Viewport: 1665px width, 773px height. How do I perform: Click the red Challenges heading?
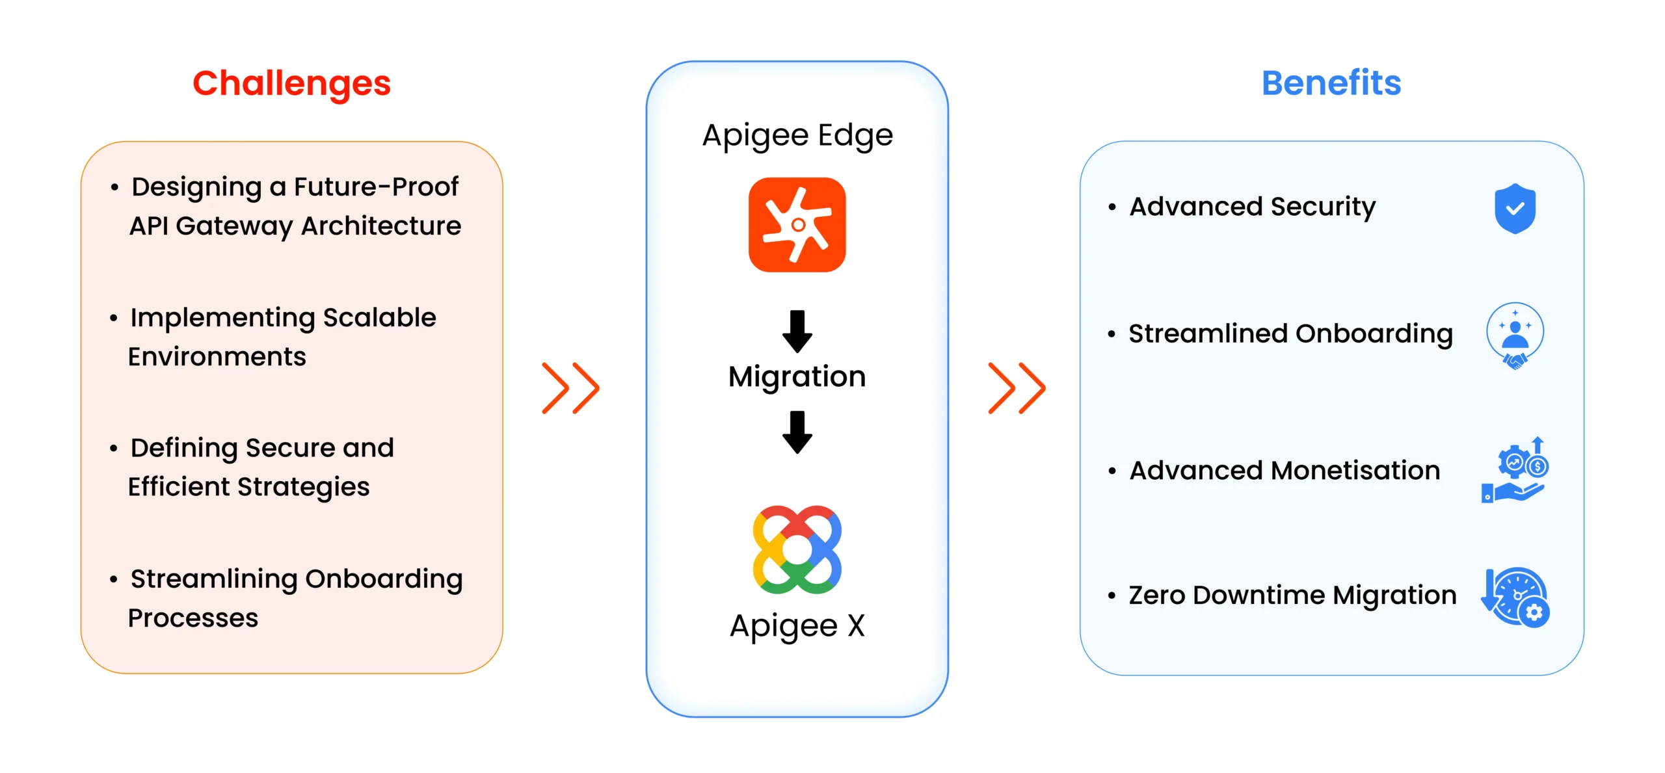click(291, 83)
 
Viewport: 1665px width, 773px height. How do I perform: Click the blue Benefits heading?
click(1331, 83)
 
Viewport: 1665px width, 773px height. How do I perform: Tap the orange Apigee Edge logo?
click(797, 225)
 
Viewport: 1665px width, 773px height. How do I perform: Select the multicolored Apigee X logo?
click(797, 549)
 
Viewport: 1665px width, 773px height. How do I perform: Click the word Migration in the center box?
click(797, 376)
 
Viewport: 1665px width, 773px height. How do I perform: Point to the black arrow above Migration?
click(797, 331)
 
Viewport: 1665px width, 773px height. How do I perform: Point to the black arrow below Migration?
click(797, 432)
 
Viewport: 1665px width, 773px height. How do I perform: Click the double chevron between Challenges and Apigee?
click(570, 388)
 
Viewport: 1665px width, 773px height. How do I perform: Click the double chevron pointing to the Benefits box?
click(1017, 388)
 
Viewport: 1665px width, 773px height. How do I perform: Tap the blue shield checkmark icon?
click(1515, 208)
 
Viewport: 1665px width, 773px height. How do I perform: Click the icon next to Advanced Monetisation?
click(1515, 469)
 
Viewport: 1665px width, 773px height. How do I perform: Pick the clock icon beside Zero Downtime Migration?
click(1516, 597)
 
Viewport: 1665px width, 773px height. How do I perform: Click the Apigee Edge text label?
click(797, 136)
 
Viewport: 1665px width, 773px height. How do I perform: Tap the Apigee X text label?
click(797, 626)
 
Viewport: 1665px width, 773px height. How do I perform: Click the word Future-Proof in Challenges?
click(376, 187)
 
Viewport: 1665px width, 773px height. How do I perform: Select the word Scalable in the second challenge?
click(379, 317)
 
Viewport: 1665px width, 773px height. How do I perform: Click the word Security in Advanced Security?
click(1323, 207)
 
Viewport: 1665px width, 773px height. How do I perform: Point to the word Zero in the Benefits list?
click(1156, 596)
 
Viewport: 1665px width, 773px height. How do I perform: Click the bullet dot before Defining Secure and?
click(114, 449)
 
